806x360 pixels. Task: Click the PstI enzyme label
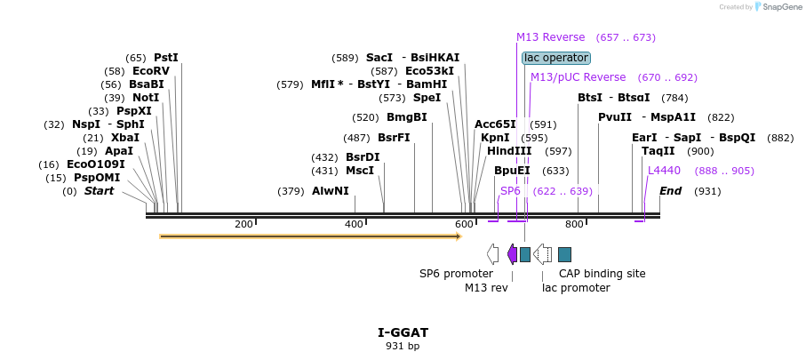[166, 58]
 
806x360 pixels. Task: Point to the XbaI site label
[125, 138]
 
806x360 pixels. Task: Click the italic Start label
[99, 191]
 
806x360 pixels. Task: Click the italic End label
[670, 191]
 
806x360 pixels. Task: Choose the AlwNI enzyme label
[330, 191]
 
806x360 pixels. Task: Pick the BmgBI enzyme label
[407, 117]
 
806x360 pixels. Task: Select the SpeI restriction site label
[427, 98]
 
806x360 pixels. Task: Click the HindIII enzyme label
[509, 151]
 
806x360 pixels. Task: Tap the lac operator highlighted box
[556, 58]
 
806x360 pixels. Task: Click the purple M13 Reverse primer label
[551, 37]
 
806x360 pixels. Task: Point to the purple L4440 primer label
[664, 171]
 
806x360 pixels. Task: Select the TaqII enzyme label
[658, 151]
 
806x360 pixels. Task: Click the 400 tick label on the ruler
[354, 224]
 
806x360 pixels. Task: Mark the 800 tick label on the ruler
[574, 224]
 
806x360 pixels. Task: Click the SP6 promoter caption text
[456, 274]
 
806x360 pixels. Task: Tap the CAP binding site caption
[602, 274]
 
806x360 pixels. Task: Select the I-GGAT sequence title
[403, 332]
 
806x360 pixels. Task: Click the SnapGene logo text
[783, 7]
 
